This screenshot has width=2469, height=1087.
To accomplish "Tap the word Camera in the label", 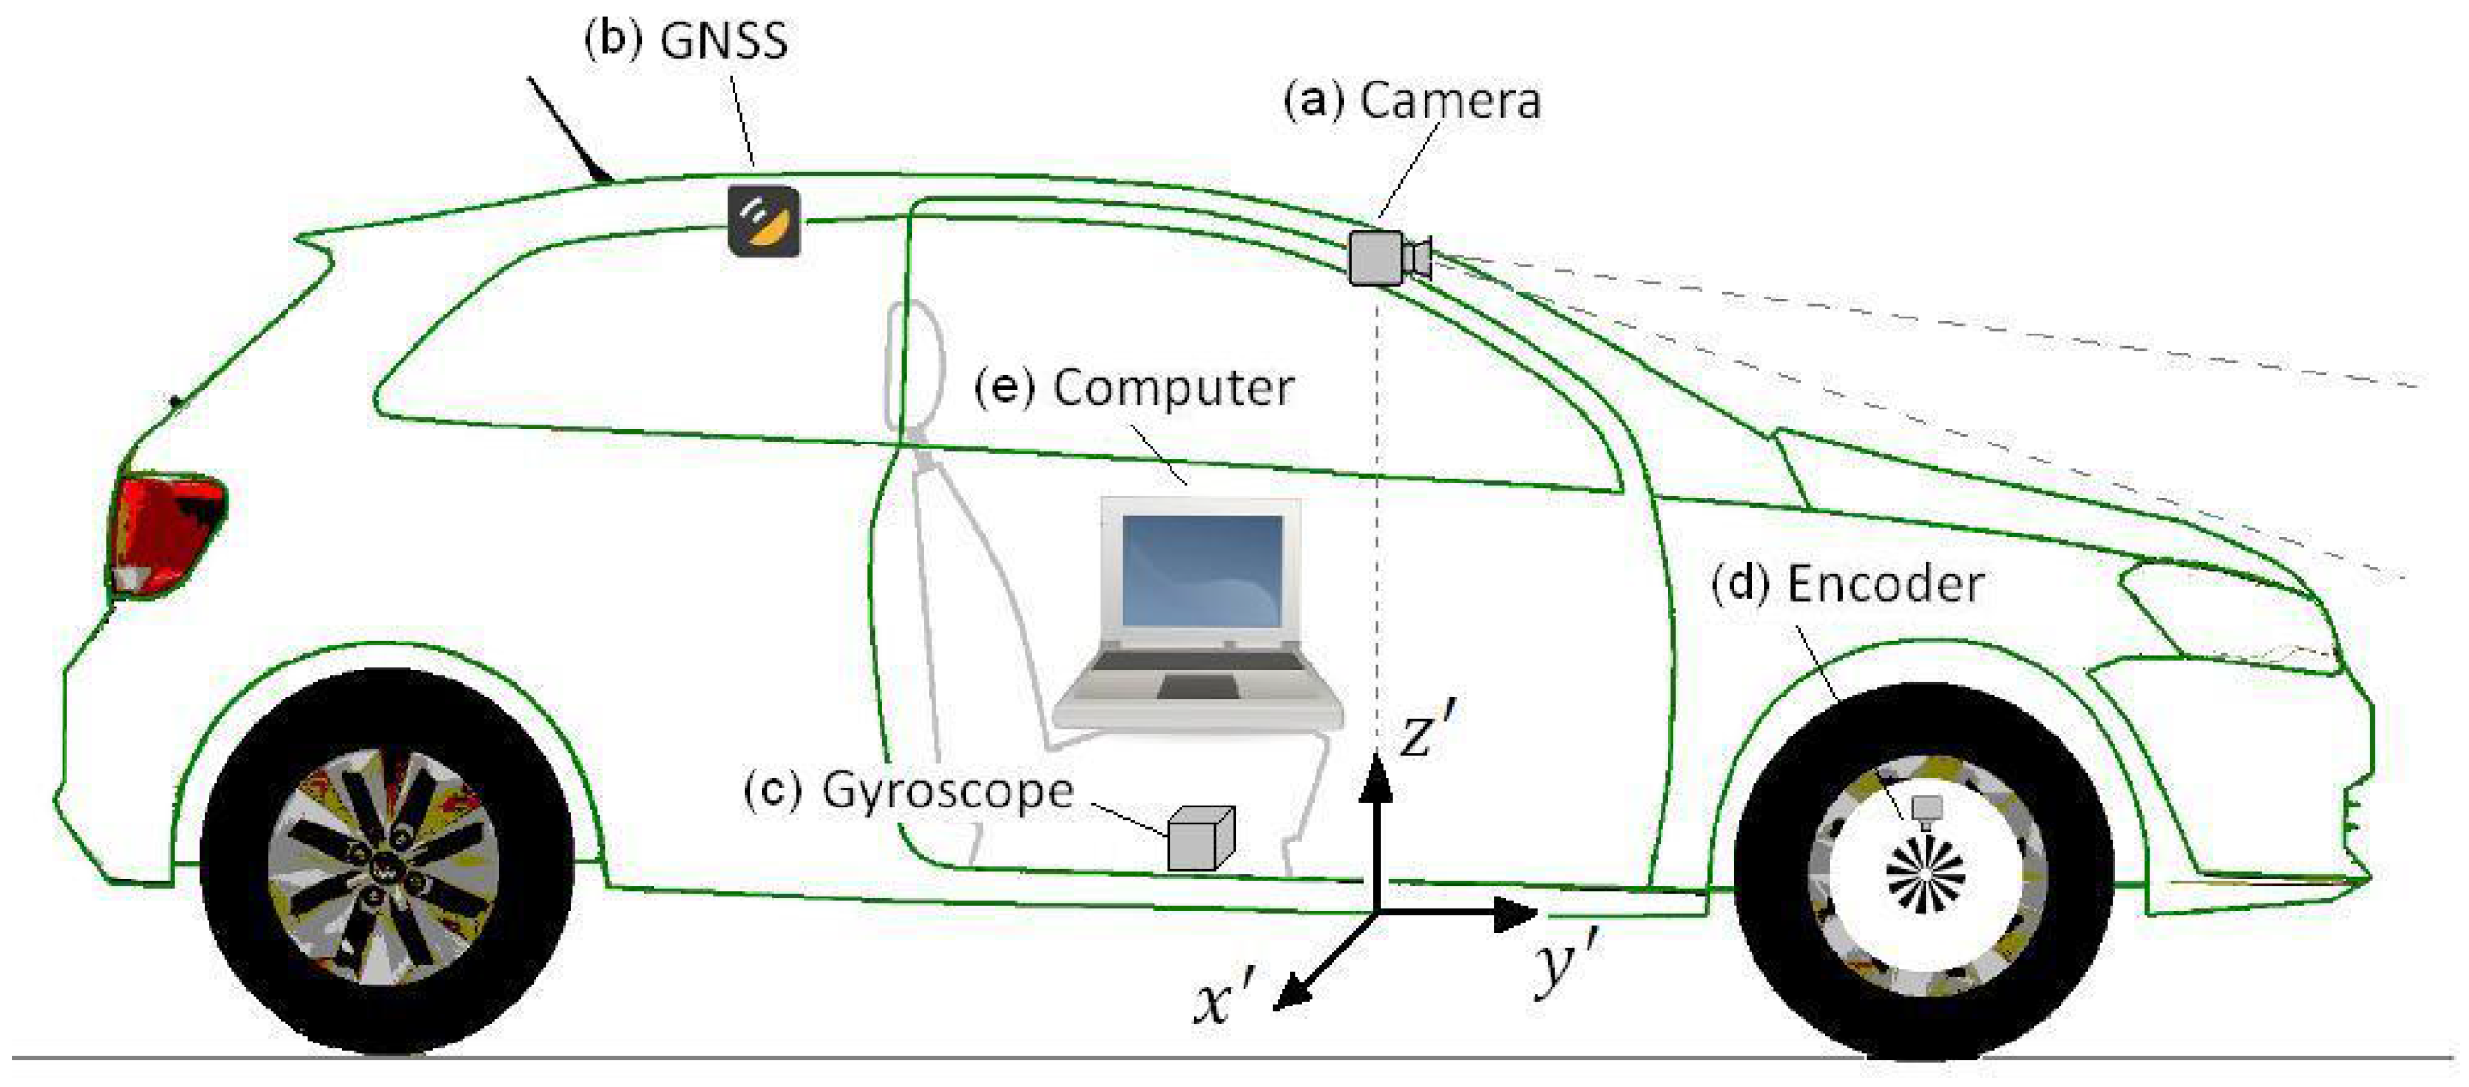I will tap(1450, 100).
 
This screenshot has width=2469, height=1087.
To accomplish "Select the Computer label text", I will tap(1173, 389).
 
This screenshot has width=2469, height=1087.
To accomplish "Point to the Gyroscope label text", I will tap(947, 791).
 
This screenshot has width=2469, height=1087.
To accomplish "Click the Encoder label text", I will tap(1885, 585).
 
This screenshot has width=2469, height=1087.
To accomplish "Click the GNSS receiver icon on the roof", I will tap(763, 221).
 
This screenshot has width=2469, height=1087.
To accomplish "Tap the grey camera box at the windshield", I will tap(1376, 257).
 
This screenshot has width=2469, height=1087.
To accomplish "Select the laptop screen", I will tap(1202, 571).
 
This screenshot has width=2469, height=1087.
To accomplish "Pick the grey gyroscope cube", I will tap(1199, 839).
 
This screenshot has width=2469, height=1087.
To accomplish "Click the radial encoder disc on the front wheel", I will tap(1925, 874).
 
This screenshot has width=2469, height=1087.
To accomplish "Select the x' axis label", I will tap(1223, 1002).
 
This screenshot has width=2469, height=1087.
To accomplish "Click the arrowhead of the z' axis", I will tap(1377, 776).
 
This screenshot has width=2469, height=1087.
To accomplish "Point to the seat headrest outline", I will tap(916, 364).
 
